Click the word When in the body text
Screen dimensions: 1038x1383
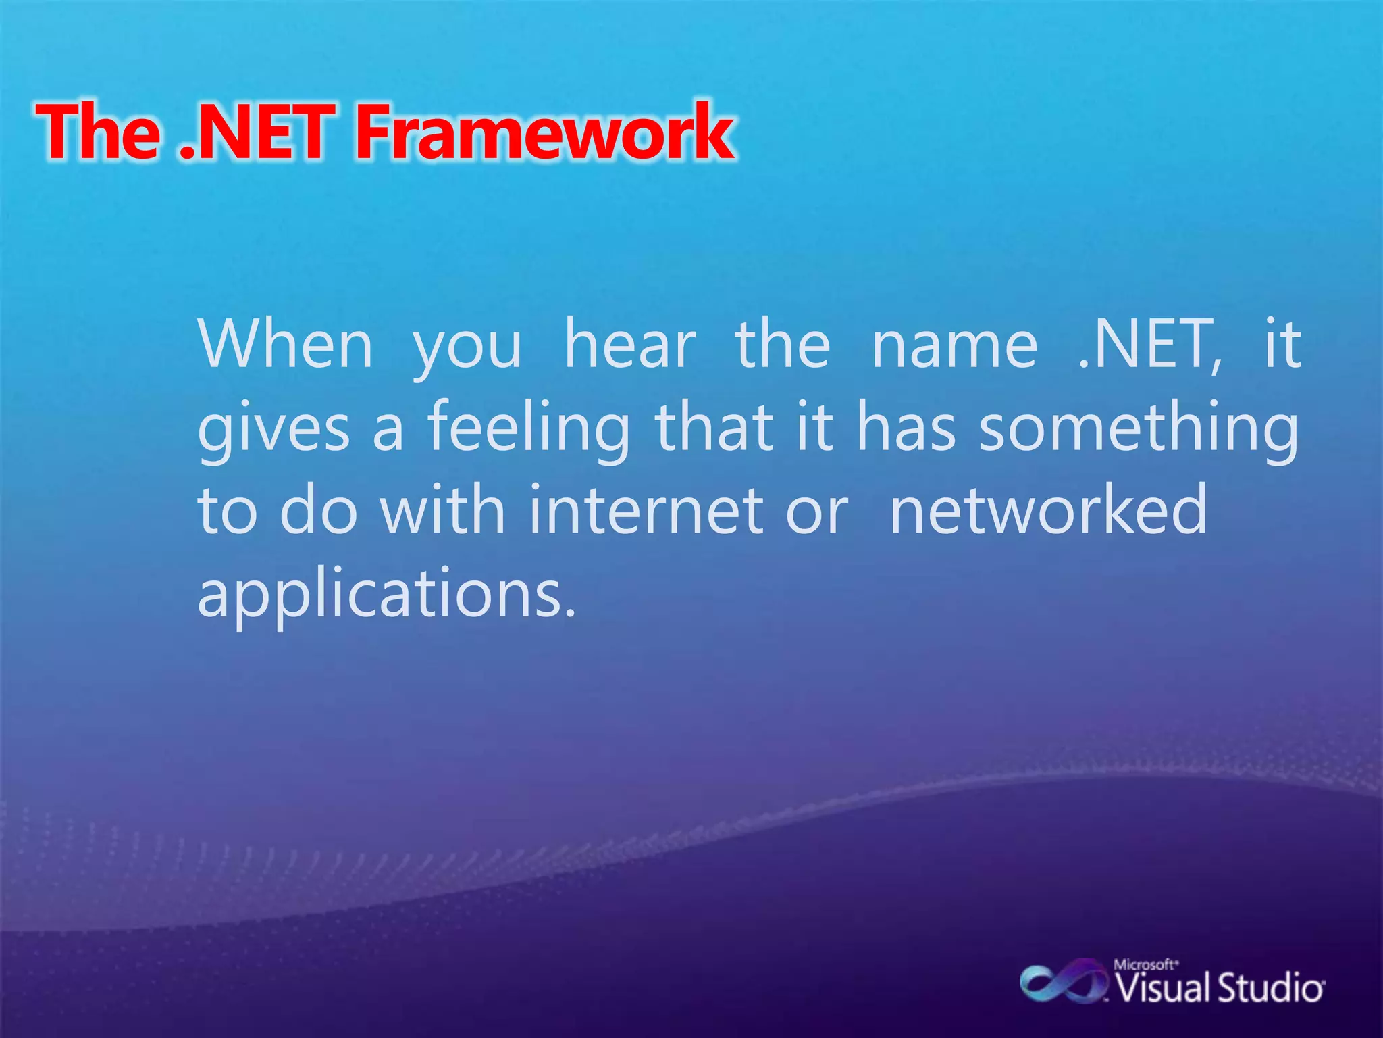click(x=285, y=345)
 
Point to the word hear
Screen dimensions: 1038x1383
click(x=629, y=345)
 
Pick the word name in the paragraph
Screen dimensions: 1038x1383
click(x=954, y=345)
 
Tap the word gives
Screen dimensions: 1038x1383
click(x=273, y=429)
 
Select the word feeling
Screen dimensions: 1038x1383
click(x=529, y=429)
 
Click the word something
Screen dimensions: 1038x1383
click(x=1139, y=429)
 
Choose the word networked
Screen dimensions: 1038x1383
click(x=1049, y=512)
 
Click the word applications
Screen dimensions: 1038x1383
click(x=386, y=595)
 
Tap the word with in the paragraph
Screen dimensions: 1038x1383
click(x=442, y=512)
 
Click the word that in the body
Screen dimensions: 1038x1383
click(x=714, y=429)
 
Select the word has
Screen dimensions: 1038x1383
click(x=906, y=429)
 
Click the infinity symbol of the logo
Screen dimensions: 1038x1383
click(x=1062, y=983)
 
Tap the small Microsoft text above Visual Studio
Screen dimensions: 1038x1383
click(x=1145, y=964)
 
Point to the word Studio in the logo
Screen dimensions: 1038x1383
click(x=1270, y=988)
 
